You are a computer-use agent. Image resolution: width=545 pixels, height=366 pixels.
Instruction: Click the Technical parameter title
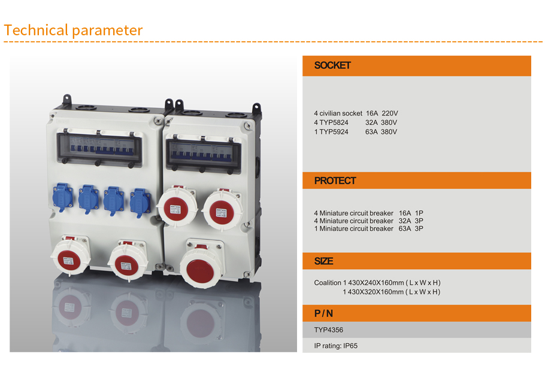(73, 30)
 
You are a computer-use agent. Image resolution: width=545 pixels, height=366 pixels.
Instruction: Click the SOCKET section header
(332, 65)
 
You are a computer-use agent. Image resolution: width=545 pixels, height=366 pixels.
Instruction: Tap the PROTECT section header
(335, 181)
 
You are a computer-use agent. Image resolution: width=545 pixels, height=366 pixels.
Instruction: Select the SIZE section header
(323, 261)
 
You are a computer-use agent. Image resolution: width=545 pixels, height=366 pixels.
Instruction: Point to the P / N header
(323, 313)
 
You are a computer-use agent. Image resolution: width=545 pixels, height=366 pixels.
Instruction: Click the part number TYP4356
(328, 330)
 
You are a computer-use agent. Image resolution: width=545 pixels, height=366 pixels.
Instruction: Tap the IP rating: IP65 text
(336, 346)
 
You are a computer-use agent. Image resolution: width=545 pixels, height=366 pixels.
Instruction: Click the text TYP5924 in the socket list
(334, 132)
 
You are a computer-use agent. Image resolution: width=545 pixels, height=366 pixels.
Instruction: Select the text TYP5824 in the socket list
(334, 123)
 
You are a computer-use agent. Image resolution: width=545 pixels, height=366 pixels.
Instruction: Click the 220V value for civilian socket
(390, 114)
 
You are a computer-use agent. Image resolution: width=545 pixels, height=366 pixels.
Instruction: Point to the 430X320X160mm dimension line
(391, 292)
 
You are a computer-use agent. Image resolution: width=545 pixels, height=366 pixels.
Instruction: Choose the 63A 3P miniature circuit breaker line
(368, 228)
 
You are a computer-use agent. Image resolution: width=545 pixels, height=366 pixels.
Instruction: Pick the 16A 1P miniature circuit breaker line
(368, 213)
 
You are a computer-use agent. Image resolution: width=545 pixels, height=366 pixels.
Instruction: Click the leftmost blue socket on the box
(62, 197)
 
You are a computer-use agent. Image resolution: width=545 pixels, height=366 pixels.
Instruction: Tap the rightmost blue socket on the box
(140, 203)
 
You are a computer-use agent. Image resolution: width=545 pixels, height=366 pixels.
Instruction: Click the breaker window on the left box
(100, 148)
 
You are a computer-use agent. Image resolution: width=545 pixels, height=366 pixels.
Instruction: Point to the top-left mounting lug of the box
(66, 99)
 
